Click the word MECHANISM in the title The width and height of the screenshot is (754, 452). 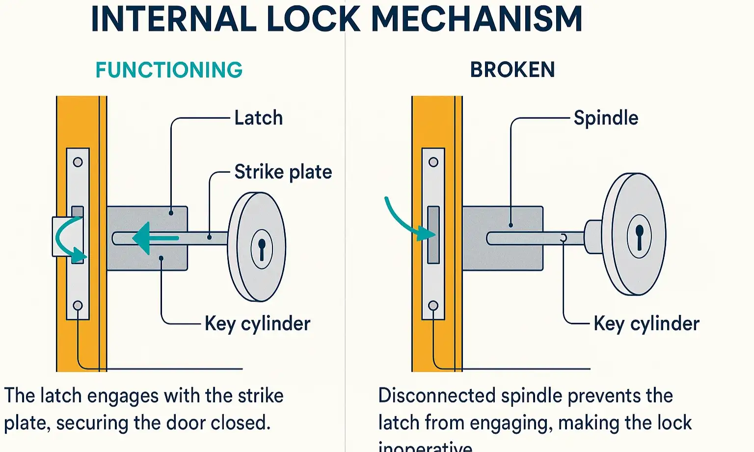coord(477,19)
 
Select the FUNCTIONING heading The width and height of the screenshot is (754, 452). coord(169,70)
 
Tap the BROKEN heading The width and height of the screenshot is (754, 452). coord(512,70)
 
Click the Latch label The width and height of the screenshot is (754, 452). coord(258,118)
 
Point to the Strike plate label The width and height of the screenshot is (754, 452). coord(283,172)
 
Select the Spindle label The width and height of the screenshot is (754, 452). coord(606,118)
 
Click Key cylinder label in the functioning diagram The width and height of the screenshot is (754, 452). coord(257,323)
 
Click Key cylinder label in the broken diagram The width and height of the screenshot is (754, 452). coord(646,323)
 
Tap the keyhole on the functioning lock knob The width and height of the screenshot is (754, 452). coord(262,248)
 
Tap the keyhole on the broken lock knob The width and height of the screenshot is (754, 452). coord(639,236)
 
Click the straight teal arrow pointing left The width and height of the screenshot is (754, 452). coord(155,239)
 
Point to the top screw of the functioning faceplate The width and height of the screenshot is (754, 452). coord(78,162)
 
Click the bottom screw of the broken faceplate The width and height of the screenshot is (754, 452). coord(433,306)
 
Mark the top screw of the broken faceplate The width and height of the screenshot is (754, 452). coord(433,162)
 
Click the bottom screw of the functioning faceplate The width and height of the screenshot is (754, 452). coord(78,306)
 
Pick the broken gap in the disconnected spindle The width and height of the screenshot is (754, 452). coord(564,238)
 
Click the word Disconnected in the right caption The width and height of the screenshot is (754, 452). coord(436,396)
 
